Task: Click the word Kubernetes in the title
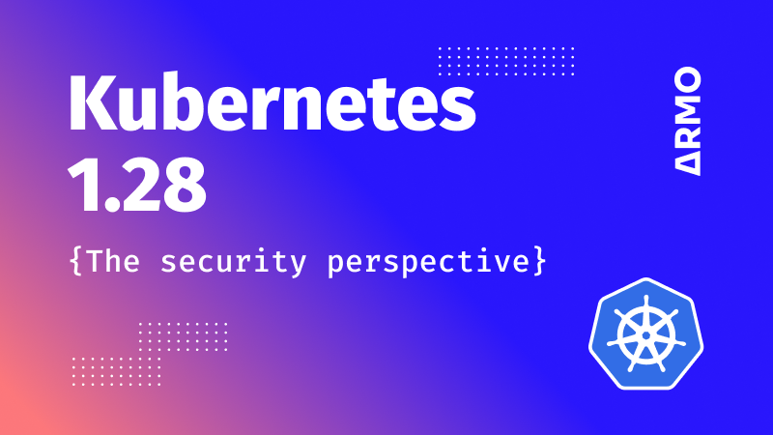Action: click(272, 102)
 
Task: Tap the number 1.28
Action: click(136, 186)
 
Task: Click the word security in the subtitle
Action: click(233, 261)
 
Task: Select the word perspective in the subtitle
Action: click(428, 261)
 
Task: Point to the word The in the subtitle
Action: click(113, 260)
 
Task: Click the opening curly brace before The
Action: click(75, 261)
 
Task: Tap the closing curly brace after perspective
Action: click(540, 261)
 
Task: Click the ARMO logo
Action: click(687, 122)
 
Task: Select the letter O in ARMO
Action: click(687, 79)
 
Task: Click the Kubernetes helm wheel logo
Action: click(645, 333)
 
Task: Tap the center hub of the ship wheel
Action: click(645, 335)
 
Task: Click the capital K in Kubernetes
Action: click(92, 102)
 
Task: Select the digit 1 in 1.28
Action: click(81, 186)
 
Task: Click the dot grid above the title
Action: click(506, 61)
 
